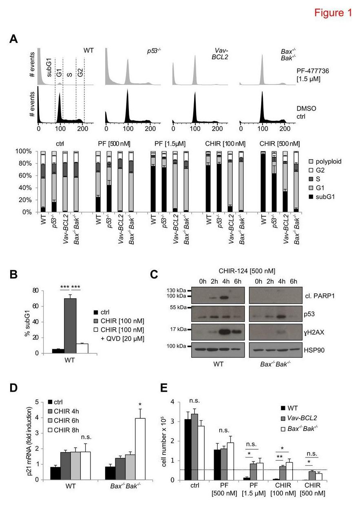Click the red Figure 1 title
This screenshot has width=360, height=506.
333,13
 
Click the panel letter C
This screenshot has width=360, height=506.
155,274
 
